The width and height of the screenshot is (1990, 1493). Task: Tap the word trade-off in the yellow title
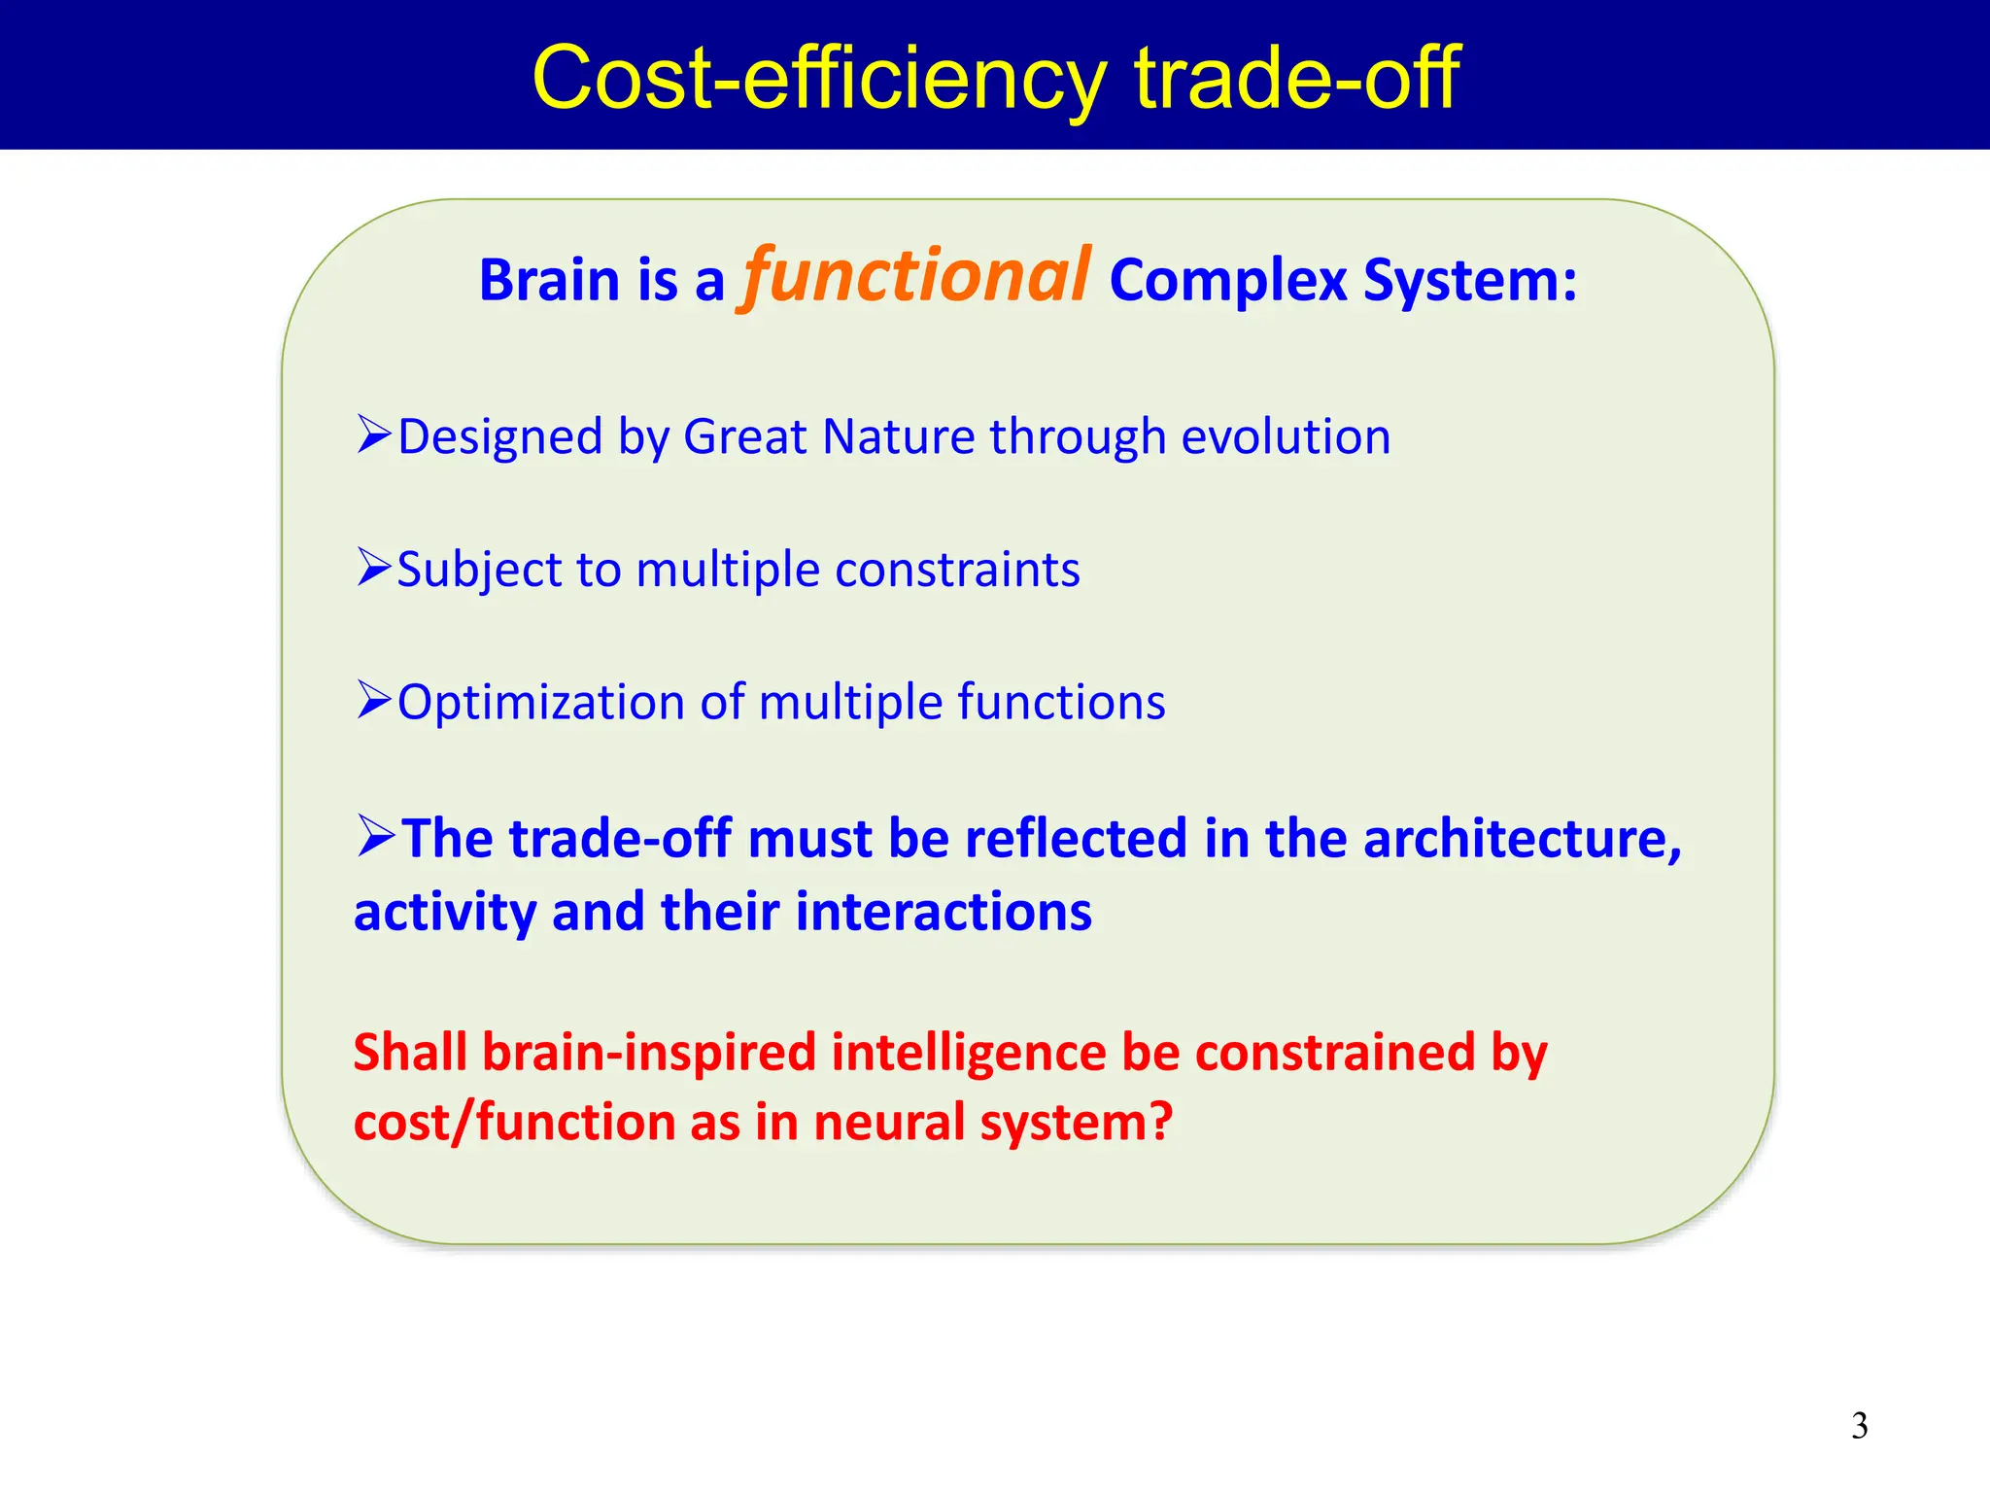pos(1296,78)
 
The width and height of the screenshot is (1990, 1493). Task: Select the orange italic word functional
pos(916,276)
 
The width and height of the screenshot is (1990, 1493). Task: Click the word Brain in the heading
pos(549,281)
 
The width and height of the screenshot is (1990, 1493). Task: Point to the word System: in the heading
pos(1469,281)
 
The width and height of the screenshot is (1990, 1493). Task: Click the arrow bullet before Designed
pos(374,434)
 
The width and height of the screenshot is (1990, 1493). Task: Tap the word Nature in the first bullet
pos(898,436)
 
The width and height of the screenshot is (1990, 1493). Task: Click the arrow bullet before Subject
pos(374,567)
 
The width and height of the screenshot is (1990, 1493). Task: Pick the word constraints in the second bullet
pos(956,570)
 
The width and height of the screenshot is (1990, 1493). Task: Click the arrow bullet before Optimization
pos(374,699)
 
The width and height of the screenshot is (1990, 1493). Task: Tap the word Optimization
pos(541,703)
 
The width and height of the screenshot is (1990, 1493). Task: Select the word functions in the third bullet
pos(1061,702)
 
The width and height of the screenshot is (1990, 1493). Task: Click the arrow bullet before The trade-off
pos(375,835)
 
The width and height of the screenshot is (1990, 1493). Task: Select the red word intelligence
pos(968,1053)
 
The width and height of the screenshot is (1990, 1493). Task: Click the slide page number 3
pos(1859,1426)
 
